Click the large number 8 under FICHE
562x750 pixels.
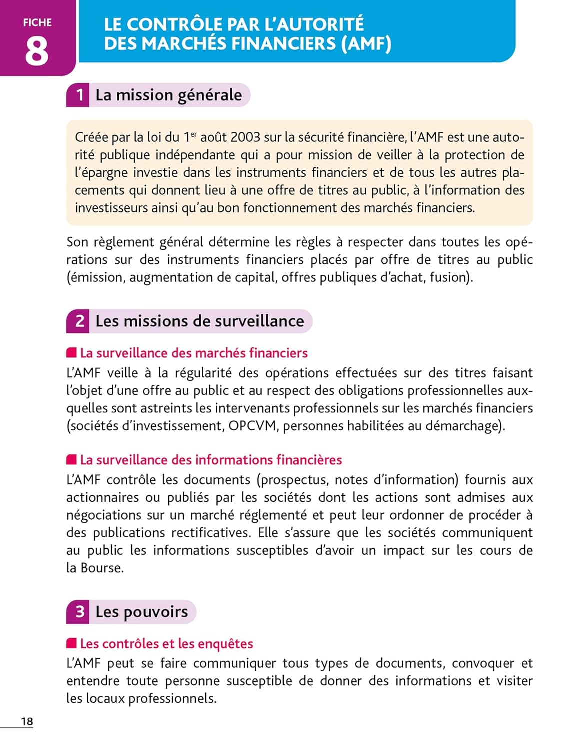pyautogui.click(x=37, y=51)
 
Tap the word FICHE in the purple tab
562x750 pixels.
pyautogui.click(x=37, y=23)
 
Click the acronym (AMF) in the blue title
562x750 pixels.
pyautogui.click(x=366, y=44)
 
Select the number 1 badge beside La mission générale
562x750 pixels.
pyautogui.click(x=79, y=95)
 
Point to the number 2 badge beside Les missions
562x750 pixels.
pyautogui.click(x=79, y=321)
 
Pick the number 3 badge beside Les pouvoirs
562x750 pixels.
pyautogui.click(x=79, y=612)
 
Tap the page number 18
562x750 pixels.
pyautogui.click(x=27, y=721)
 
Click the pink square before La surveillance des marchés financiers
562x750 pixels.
pyautogui.click(x=72, y=353)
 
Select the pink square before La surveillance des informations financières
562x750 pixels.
pyautogui.click(x=72, y=459)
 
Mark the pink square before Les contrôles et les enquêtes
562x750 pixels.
pyautogui.click(x=72, y=643)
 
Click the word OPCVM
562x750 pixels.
pyautogui.click(x=252, y=426)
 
